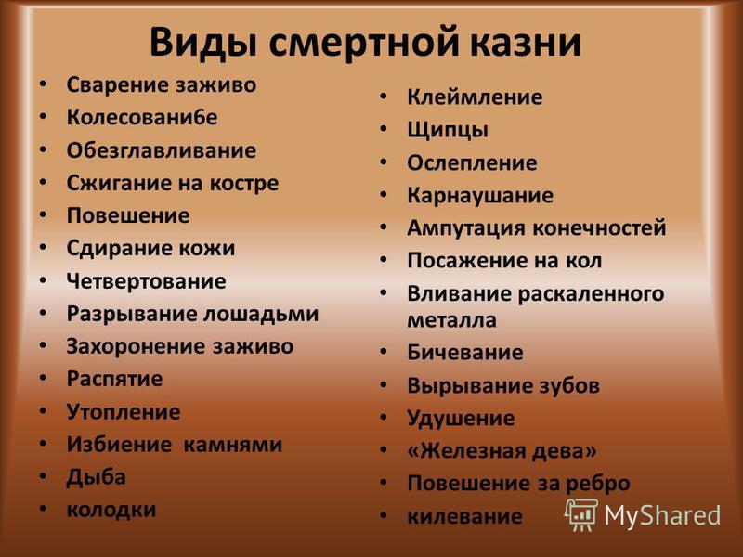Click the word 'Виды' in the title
click(x=203, y=43)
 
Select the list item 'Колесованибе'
click(x=142, y=118)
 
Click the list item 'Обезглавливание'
click(x=162, y=150)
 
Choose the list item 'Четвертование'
click(x=147, y=282)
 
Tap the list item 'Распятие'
click(x=114, y=379)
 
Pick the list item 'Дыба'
click(x=97, y=477)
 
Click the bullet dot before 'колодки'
click(x=43, y=509)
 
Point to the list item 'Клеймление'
click(x=475, y=97)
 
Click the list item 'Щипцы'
click(x=448, y=130)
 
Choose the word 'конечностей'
click(x=599, y=227)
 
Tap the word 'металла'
click(x=452, y=320)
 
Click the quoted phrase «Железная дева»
click(x=502, y=451)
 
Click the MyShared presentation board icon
click(x=581, y=514)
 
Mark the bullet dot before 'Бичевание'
click(x=384, y=352)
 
